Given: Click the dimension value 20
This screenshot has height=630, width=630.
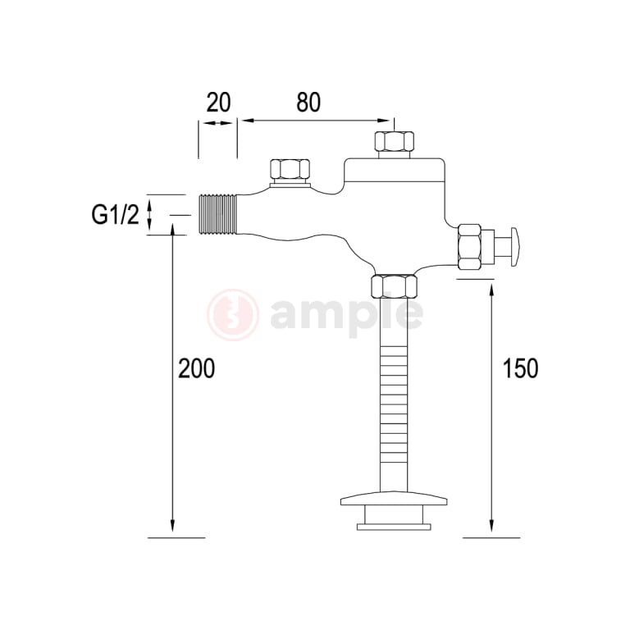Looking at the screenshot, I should pyautogui.click(x=218, y=103).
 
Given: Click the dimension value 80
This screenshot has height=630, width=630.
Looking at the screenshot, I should pyautogui.click(x=308, y=103).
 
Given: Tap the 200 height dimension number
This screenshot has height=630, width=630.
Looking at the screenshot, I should pyautogui.click(x=197, y=368).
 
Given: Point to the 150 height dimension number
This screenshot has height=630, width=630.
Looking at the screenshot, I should pyautogui.click(x=520, y=368).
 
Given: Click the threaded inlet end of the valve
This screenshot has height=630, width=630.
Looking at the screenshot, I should pyautogui.click(x=217, y=215).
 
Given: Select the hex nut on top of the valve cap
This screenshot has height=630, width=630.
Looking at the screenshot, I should pyautogui.click(x=393, y=141).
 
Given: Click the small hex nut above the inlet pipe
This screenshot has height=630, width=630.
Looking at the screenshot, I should pyautogui.click(x=291, y=170).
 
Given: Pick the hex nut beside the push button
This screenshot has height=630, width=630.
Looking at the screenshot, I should pyautogui.click(x=470, y=246).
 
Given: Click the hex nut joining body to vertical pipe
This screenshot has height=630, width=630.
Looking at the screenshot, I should pyautogui.click(x=395, y=286).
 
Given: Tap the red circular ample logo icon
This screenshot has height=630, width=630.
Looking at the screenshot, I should pyautogui.click(x=233, y=314).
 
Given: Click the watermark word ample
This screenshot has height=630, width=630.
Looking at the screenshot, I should pyautogui.click(x=346, y=314).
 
